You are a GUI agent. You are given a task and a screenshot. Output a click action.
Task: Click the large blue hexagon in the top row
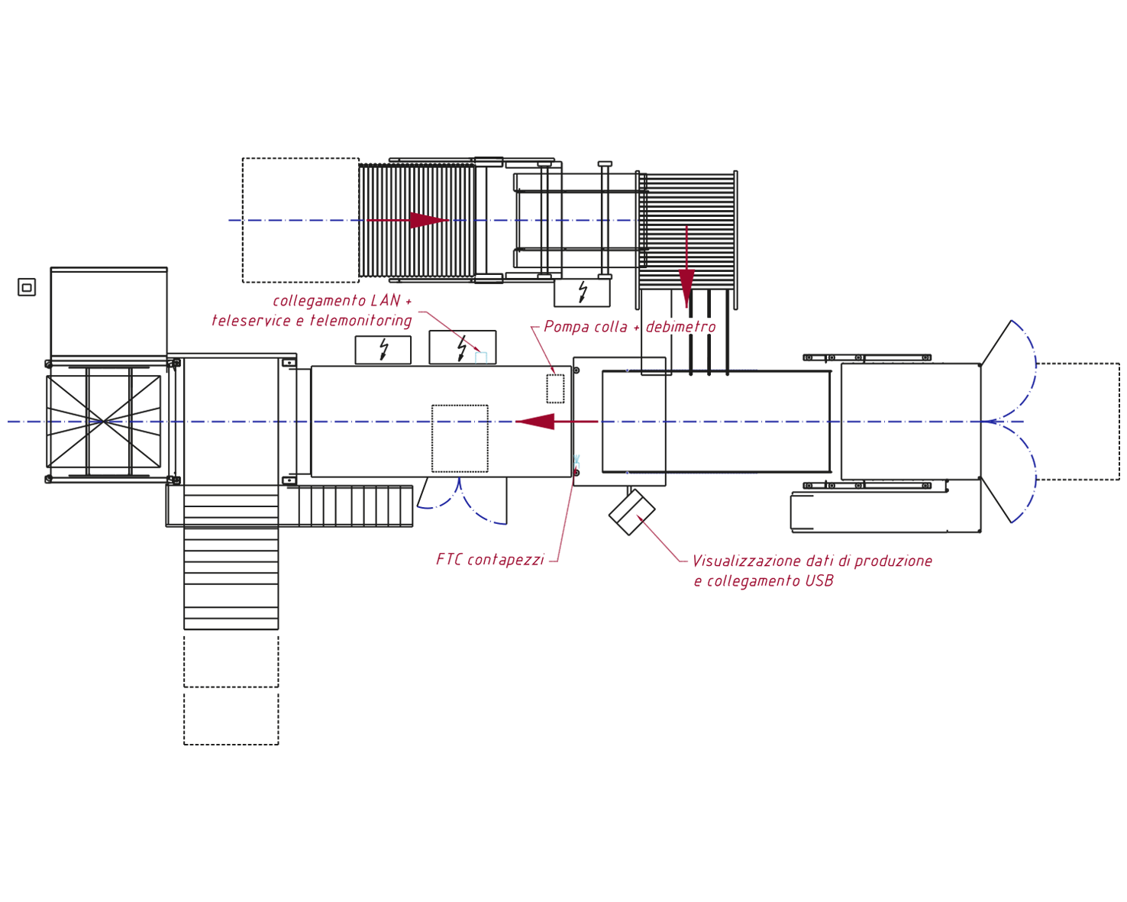click(301, 220)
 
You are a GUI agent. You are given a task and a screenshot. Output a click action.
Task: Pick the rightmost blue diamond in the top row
click(623, 220)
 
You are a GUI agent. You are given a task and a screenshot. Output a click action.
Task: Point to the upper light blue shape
click(480, 354)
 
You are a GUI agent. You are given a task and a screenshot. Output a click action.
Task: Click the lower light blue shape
click(583, 459)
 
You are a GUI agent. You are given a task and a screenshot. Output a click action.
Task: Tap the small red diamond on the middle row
click(586, 422)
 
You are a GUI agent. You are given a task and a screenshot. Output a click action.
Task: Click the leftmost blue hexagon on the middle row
click(233, 422)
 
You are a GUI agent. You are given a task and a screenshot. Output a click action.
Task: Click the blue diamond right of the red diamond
click(634, 422)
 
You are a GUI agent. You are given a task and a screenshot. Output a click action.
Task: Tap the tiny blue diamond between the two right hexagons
click(835, 422)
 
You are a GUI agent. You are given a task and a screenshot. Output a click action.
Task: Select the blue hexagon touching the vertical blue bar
click(912, 422)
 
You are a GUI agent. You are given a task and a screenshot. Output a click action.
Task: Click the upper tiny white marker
click(627, 368)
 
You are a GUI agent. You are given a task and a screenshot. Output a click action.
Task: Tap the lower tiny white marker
click(627, 476)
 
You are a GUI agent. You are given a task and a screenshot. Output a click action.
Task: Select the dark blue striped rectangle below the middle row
click(718, 493)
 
